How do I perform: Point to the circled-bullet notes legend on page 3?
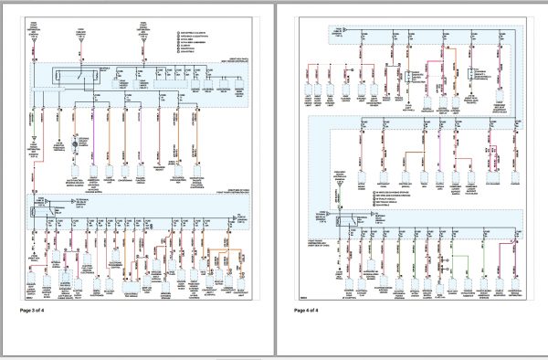pyautogui.click(x=195, y=40)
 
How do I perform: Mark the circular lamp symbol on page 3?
pyautogui.click(x=59, y=144)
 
